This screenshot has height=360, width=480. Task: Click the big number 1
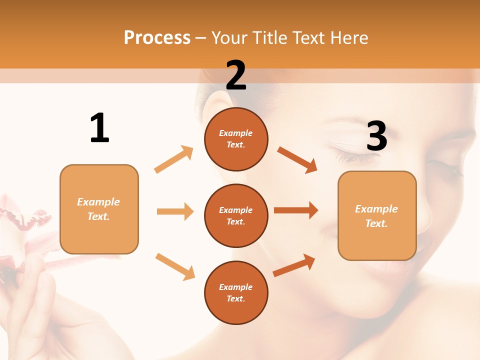pyautogui.click(x=99, y=128)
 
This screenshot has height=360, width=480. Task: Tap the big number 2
pyautogui.click(x=236, y=75)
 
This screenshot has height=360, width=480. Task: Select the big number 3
pyautogui.click(x=376, y=136)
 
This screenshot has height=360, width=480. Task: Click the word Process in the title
pyautogui.click(x=157, y=37)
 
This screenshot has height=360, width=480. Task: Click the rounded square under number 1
pyautogui.click(x=99, y=209)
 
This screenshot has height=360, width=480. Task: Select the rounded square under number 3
pyautogui.click(x=377, y=215)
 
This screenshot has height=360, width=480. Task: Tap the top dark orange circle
pyautogui.click(x=236, y=139)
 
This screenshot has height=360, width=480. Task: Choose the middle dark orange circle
pyautogui.click(x=236, y=215)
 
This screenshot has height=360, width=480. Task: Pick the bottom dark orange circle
pyautogui.click(x=236, y=292)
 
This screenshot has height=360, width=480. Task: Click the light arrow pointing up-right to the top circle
pyautogui.click(x=174, y=159)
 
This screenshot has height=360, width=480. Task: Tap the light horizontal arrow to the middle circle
pyautogui.click(x=175, y=211)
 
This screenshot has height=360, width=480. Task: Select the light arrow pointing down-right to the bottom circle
pyautogui.click(x=175, y=266)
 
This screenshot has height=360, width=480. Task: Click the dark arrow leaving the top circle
pyautogui.click(x=297, y=159)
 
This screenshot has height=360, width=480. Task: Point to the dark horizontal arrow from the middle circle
pyautogui.click(x=296, y=210)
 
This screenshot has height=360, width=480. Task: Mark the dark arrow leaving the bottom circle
pyautogui.click(x=294, y=265)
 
